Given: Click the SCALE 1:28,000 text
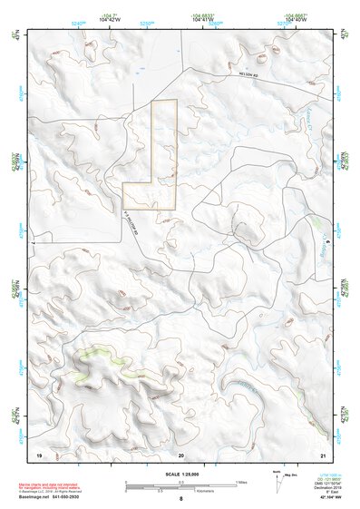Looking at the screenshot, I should coord(180,475).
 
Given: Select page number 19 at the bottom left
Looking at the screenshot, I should coord(39,453).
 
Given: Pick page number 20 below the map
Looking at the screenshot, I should coord(181,453).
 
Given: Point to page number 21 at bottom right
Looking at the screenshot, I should coord(322,453).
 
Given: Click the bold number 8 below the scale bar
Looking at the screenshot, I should coord(181,500).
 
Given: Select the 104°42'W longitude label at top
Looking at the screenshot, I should coord(110,19).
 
